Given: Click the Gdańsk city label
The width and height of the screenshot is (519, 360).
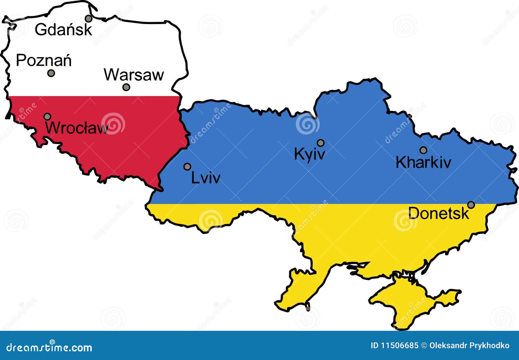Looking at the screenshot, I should point(64,30).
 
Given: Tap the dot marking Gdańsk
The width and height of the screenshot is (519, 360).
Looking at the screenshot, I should point(89,18).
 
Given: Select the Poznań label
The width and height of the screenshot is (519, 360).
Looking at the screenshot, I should point(44,61).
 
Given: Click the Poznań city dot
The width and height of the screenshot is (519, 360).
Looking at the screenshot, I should point(51,73).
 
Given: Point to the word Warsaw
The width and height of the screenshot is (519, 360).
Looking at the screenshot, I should point(134,75).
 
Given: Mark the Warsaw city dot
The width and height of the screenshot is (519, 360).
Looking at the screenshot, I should point(126,87).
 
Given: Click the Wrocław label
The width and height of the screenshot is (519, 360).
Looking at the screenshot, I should point(77,128).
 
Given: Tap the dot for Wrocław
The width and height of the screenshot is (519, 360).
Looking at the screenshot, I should point(47,116).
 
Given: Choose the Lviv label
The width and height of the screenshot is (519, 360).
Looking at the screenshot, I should point(206,178).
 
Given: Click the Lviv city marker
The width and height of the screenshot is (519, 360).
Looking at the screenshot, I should point(187,167).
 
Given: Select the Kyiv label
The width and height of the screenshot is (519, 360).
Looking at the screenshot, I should point(309,154).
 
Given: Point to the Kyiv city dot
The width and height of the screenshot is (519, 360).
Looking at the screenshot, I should point(320,143).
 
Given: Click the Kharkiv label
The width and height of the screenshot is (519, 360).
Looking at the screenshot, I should point(423,162).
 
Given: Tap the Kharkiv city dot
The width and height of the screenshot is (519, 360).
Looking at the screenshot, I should point(423,150).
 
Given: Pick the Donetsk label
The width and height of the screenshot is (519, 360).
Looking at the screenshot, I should point(439,213).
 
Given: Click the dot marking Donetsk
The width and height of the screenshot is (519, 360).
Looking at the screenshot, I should point(471,205).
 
